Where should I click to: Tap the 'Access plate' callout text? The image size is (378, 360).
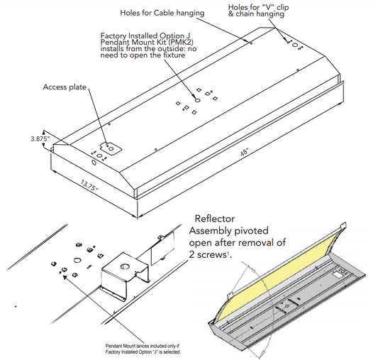(x=64, y=87)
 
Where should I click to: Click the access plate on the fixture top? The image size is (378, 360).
(x=109, y=147)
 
